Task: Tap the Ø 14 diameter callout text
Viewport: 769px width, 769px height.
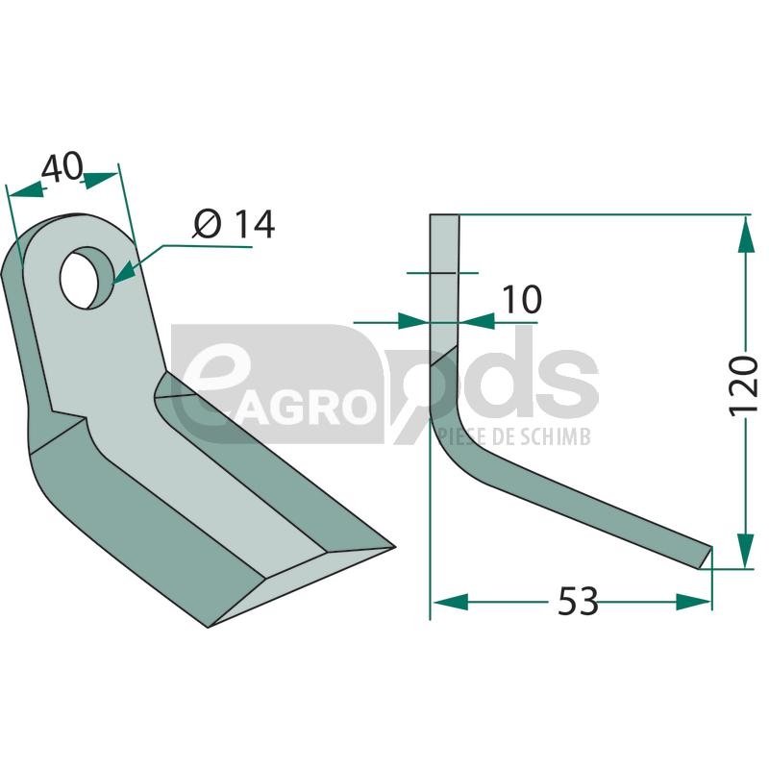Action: pyautogui.click(x=234, y=225)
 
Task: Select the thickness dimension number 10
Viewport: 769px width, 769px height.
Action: pyautogui.click(x=522, y=299)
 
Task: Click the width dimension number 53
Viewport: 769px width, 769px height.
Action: pyautogui.click(x=579, y=601)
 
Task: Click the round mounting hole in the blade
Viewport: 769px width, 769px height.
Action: pyautogui.click(x=87, y=278)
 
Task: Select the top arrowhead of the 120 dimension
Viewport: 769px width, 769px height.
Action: pyautogui.click(x=746, y=234)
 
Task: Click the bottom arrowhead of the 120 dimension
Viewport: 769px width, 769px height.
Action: pyautogui.click(x=746, y=550)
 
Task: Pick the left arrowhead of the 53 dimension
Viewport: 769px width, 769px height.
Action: pyautogui.click(x=450, y=602)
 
